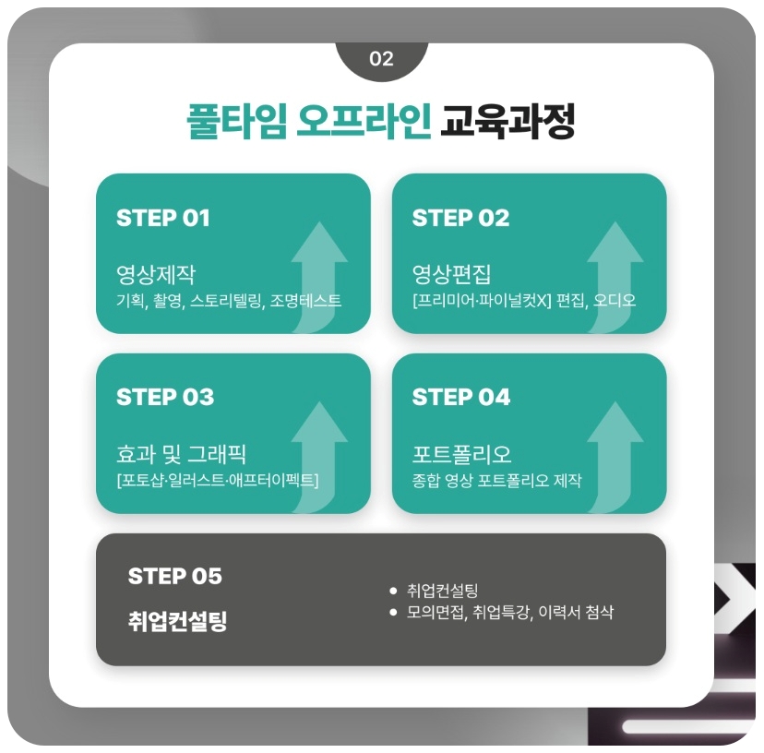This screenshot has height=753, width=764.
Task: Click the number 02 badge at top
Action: coord(381,59)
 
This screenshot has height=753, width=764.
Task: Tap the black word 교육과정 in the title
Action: coord(507,123)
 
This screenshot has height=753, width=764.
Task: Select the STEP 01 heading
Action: coord(163,219)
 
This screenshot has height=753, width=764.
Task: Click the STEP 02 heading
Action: coord(460,219)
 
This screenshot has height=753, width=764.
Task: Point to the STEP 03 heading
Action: coord(165,398)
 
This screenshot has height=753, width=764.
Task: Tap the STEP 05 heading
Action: coord(175,577)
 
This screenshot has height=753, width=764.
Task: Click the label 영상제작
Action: coord(156,274)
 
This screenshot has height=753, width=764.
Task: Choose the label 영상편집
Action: coord(452,274)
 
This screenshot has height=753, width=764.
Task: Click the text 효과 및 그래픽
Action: coord(181,454)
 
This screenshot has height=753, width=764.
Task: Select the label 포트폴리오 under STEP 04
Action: coord(461,454)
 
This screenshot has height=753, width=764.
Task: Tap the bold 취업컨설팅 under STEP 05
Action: coord(177,621)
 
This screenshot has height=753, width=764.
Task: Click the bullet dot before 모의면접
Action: coord(393,613)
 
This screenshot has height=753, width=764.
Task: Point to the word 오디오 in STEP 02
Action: coord(615,301)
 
